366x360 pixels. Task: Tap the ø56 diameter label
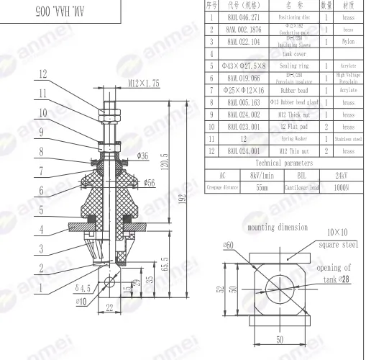coord(169,183)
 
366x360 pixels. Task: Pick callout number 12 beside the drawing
coord(43,73)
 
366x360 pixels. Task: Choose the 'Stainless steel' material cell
coord(348,138)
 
